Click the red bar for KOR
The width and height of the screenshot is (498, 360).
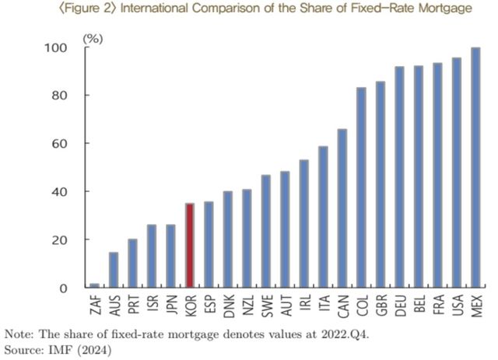(190, 246)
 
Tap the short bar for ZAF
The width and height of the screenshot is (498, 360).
(94, 285)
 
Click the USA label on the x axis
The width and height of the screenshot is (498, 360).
(457, 304)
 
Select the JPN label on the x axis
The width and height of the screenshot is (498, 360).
(171, 304)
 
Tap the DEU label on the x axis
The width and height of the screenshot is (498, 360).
(400, 304)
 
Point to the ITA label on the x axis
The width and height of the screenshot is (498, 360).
(324, 303)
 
